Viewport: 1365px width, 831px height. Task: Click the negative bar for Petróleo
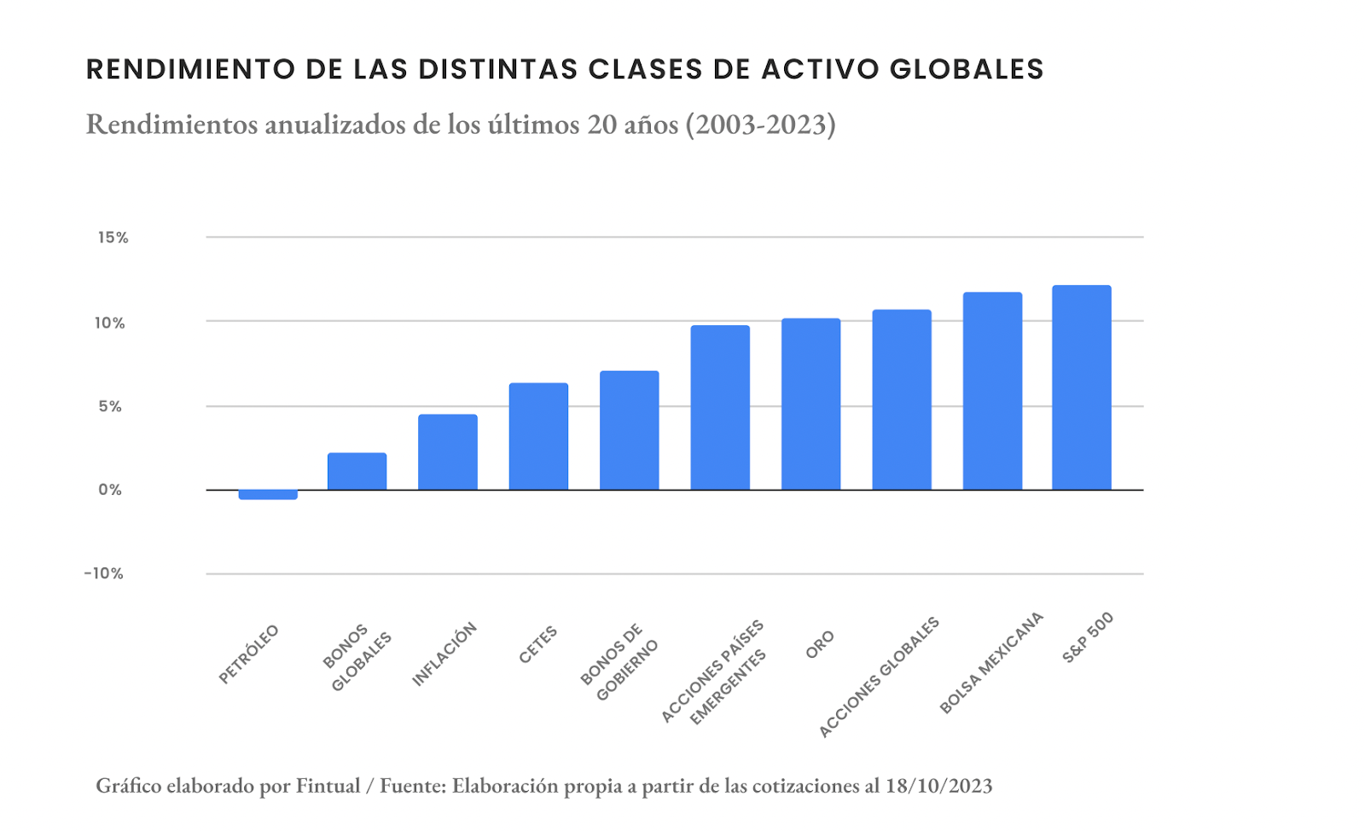(x=268, y=495)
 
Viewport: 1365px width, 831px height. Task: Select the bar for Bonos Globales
(x=357, y=471)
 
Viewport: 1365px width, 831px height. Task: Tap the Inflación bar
(x=447, y=452)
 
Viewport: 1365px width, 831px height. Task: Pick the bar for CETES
(x=538, y=436)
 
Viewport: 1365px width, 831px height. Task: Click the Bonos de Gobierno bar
(x=629, y=430)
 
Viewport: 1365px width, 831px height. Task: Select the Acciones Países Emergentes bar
(x=720, y=408)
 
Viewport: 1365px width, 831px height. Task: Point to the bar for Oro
(x=810, y=404)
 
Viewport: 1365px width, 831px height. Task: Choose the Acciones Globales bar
(x=902, y=399)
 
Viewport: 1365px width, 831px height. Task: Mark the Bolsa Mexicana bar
(x=992, y=391)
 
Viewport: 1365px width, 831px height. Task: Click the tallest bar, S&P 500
(x=1082, y=387)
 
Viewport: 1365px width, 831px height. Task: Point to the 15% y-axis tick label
(x=113, y=238)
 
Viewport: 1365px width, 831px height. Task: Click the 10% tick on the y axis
(x=110, y=323)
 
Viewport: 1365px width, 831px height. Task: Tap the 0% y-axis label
(x=110, y=491)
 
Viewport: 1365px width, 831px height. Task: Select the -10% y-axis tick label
(x=104, y=574)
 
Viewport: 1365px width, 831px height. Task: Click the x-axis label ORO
(x=820, y=645)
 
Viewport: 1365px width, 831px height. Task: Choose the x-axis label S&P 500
(x=1088, y=638)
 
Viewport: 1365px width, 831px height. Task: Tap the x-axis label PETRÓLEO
(x=249, y=654)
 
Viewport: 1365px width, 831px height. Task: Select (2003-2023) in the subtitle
(x=760, y=125)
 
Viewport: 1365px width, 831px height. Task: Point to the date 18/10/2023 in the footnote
(x=938, y=786)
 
